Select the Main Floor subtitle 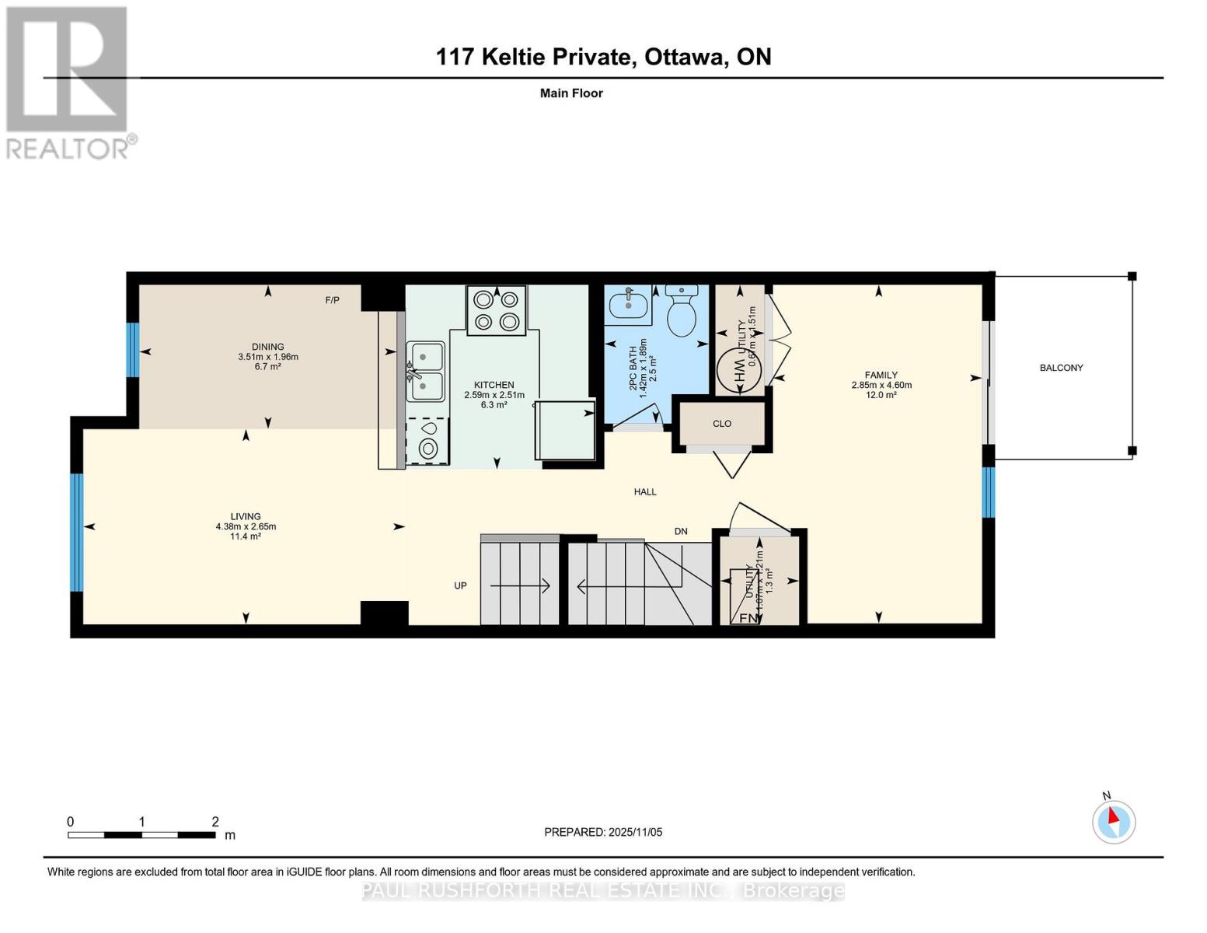571,93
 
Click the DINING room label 267,347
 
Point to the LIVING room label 246,516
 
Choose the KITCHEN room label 494,385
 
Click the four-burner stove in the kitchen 496,310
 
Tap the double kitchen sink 425,371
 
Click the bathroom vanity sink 628,303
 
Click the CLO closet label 722,424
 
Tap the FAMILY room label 881,375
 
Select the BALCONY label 1061,368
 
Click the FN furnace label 748,617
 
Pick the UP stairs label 460,585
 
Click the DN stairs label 681,532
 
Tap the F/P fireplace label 332,300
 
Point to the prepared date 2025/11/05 603,832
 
